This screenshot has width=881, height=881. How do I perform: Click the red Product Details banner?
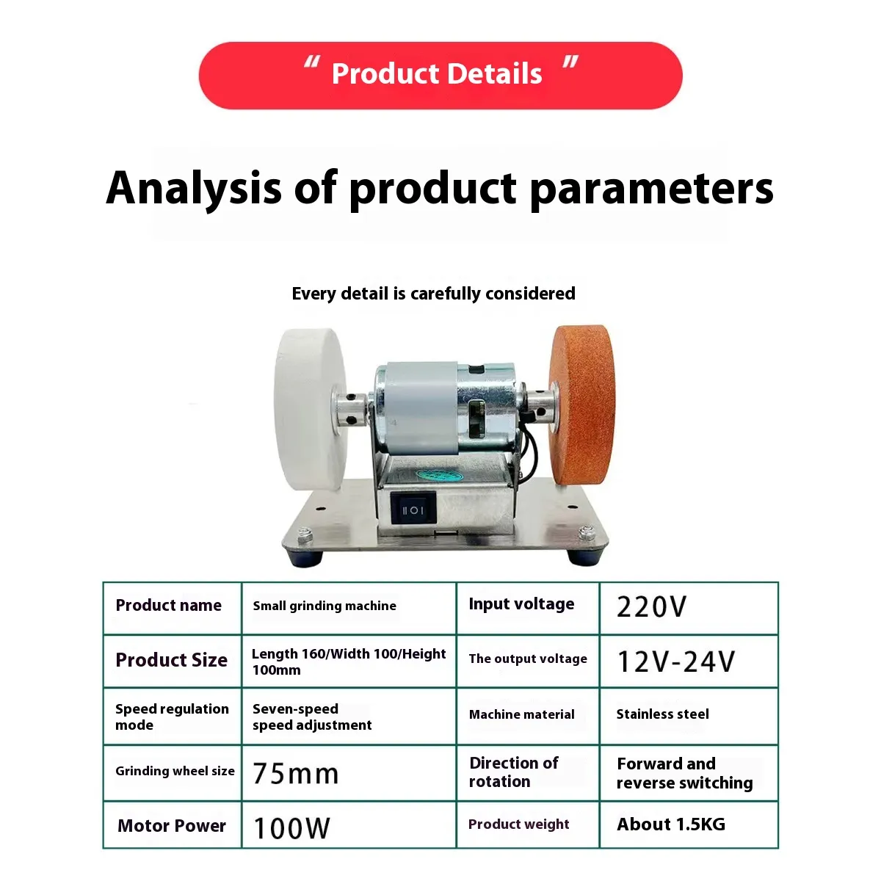440,76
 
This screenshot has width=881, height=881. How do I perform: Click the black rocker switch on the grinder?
413,510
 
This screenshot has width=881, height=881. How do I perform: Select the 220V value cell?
689,608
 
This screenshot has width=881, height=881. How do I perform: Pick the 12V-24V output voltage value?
675,661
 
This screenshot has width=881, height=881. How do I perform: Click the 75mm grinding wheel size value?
296,774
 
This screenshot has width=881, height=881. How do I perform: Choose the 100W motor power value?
291,827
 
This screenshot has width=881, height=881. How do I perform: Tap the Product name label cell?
173,608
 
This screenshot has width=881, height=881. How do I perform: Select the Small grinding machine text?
325,606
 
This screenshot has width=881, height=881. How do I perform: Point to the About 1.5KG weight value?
671,824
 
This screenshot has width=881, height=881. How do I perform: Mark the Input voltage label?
522,604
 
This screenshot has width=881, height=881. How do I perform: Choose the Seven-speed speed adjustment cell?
349,716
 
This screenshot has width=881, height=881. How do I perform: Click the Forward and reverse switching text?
684,774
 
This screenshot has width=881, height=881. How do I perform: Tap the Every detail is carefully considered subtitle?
433,294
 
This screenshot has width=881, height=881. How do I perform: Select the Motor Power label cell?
173,825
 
